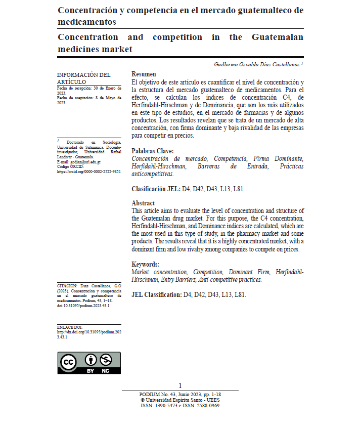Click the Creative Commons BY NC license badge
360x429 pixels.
(x=89, y=363)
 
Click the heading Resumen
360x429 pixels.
(x=144, y=74)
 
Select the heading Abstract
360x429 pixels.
(x=143, y=203)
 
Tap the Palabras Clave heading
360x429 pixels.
(x=153, y=151)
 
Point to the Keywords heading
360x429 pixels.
(x=145, y=264)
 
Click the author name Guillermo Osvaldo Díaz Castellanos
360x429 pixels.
(x=257, y=65)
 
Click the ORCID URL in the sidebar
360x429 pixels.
(x=89, y=171)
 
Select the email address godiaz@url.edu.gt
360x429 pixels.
(x=84, y=162)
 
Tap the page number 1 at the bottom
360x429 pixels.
(x=180, y=385)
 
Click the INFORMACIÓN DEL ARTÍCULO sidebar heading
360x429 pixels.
(x=83, y=78)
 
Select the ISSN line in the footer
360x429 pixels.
(x=180, y=405)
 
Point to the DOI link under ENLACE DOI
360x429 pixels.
(x=89, y=334)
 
